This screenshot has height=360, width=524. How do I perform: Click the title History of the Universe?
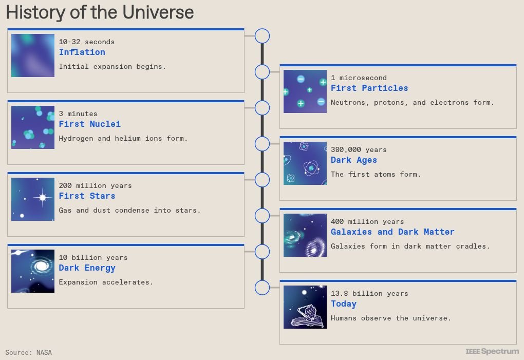100,12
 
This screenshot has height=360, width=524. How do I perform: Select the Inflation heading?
82,52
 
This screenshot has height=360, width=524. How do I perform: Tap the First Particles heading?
369,88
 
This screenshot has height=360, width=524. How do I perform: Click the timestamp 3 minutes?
78,113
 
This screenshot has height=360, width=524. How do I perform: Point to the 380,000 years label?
359,149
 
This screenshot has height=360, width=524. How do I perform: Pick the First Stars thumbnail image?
33,199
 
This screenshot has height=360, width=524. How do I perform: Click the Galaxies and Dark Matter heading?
392,232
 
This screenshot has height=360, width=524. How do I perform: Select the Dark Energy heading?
87,268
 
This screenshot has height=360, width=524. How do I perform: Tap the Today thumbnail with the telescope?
305,307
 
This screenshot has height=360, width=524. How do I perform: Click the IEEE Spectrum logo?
492,351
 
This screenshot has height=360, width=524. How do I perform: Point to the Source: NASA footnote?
29,352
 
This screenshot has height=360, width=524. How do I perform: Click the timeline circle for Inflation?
262,36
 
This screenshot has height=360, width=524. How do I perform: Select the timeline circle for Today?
262,288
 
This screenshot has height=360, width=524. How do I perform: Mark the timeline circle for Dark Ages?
262,144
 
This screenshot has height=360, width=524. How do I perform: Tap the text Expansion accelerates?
106,282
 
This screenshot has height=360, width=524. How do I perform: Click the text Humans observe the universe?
390,318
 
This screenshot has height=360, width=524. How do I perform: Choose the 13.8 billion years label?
369,293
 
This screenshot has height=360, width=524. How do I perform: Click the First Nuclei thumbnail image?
33,127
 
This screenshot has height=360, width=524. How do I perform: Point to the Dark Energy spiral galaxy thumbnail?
33,271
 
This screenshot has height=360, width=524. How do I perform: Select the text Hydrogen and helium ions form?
123,138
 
